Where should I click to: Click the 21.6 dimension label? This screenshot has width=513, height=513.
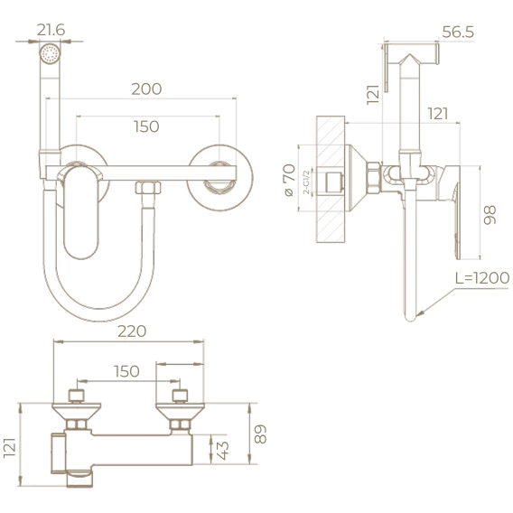(x=51, y=30)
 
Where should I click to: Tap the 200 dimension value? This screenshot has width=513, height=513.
(x=146, y=89)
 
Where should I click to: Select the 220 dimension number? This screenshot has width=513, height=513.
(x=132, y=331)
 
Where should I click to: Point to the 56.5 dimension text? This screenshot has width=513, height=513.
(x=458, y=33)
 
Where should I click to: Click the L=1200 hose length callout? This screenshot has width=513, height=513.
(x=482, y=278)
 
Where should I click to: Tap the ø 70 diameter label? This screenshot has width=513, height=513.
(x=290, y=181)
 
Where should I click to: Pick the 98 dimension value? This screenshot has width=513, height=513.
(x=490, y=215)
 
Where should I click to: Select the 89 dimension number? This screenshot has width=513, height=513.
(x=260, y=434)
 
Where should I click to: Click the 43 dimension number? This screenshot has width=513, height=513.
(x=223, y=451)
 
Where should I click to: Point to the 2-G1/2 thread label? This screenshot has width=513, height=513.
(x=306, y=182)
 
